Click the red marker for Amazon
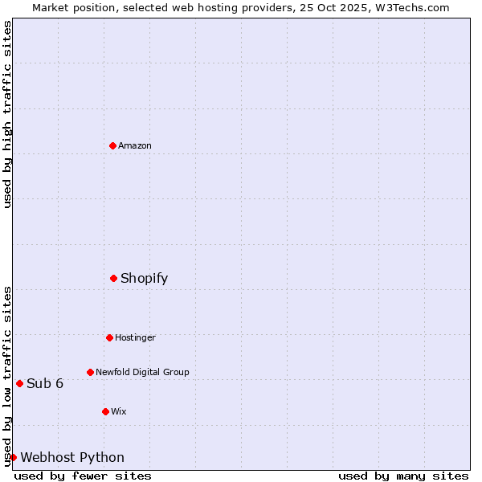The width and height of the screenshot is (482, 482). (112, 145)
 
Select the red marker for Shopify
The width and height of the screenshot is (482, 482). (113, 278)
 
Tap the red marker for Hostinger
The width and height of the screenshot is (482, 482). (109, 337)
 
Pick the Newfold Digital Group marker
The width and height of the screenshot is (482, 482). (90, 372)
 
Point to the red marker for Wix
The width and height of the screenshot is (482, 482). (105, 411)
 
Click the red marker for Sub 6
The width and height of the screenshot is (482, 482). (19, 383)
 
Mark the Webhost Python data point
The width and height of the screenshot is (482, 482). (13, 457)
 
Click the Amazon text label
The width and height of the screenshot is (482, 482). (135, 145)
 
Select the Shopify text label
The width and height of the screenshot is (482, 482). (144, 278)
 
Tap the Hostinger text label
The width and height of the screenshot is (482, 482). (135, 337)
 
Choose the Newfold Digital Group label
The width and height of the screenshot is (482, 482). (142, 372)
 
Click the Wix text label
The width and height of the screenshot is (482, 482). (119, 411)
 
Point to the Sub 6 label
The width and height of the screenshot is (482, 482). (45, 383)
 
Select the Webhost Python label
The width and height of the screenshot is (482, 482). (72, 457)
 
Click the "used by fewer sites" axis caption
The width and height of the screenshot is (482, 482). (83, 476)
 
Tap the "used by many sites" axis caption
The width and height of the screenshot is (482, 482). (403, 476)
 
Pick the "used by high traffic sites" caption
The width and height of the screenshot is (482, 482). (7, 114)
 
